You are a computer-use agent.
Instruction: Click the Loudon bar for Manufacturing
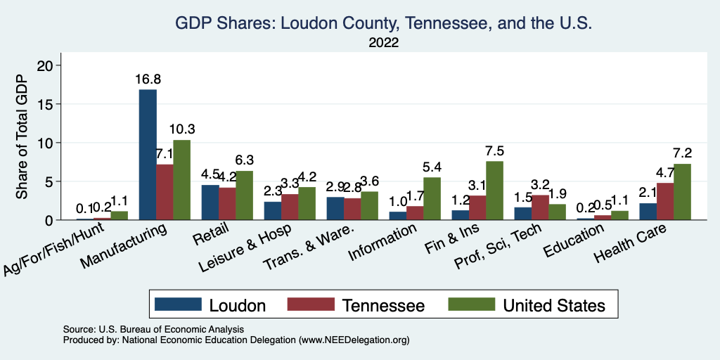(x=148, y=155)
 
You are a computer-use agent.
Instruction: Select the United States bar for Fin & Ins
(x=494, y=191)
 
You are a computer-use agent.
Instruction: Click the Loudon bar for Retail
(x=210, y=202)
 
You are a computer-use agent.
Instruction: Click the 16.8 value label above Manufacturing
(x=148, y=79)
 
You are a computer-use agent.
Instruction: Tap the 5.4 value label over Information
(x=432, y=168)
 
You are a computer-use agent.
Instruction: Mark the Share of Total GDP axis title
(x=22, y=137)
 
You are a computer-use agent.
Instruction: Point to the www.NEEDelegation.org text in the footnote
(x=354, y=340)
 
